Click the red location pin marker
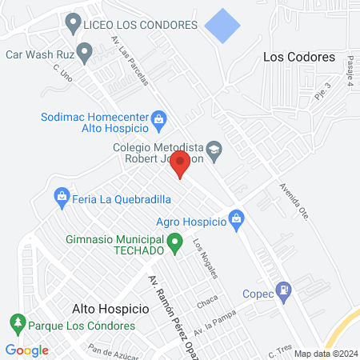tap(180, 165)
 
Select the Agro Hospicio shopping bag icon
tap(236, 218)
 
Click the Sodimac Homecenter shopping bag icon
tap(158, 121)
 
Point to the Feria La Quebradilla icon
tap(61, 195)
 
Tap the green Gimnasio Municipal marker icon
tap(174, 241)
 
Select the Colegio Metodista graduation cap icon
tap(214, 149)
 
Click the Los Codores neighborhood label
tap(298, 58)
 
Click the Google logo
tap(26, 350)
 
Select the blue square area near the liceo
tap(222, 26)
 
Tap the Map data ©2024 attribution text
tap(325, 354)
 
